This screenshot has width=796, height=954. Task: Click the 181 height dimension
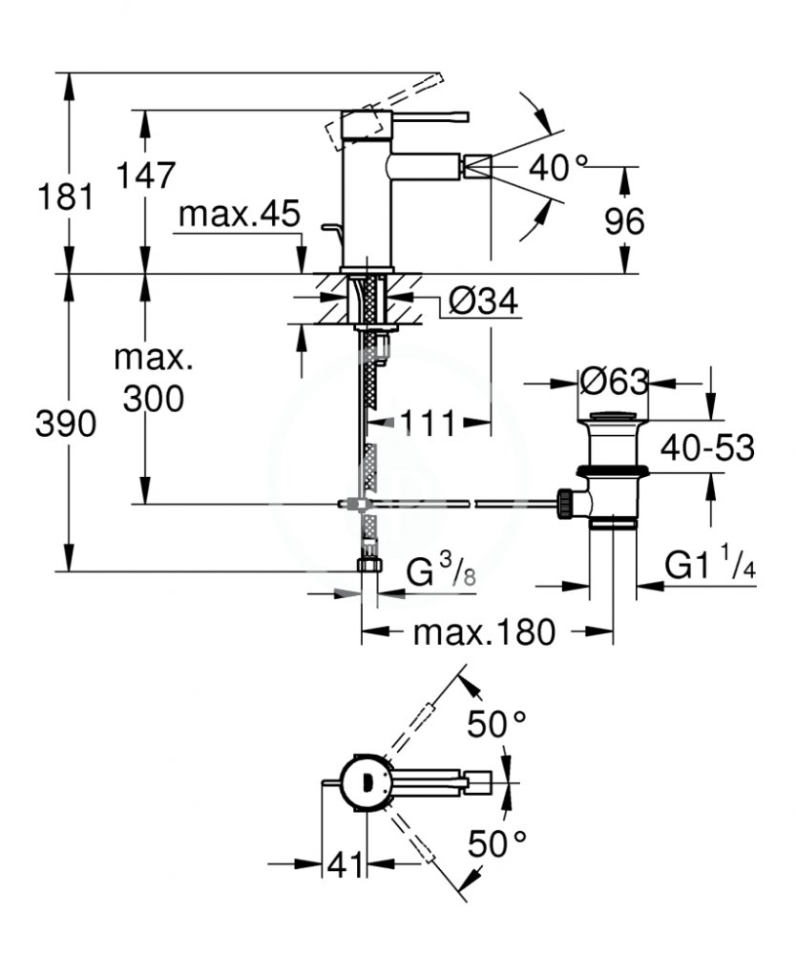[x=66, y=197]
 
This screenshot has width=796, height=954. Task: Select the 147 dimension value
[x=145, y=176]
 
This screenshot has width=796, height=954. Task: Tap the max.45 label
[x=240, y=214]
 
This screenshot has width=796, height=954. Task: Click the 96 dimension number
[x=624, y=221]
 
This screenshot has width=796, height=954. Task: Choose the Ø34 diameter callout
[x=483, y=300]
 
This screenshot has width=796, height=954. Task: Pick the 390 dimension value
[x=66, y=424]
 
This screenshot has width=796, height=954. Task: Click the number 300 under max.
[x=154, y=399]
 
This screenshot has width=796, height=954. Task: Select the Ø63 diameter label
[x=615, y=383]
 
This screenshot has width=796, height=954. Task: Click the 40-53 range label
[x=708, y=447]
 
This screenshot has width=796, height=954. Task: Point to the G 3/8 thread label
[x=441, y=571]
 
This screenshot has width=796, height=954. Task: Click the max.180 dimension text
[x=485, y=633]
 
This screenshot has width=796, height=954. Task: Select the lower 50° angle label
[x=497, y=843]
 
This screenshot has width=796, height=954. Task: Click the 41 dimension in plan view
[x=346, y=864]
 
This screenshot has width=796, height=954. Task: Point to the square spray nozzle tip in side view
[x=477, y=166]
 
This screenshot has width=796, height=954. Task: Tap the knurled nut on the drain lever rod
[x=565, y=503]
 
